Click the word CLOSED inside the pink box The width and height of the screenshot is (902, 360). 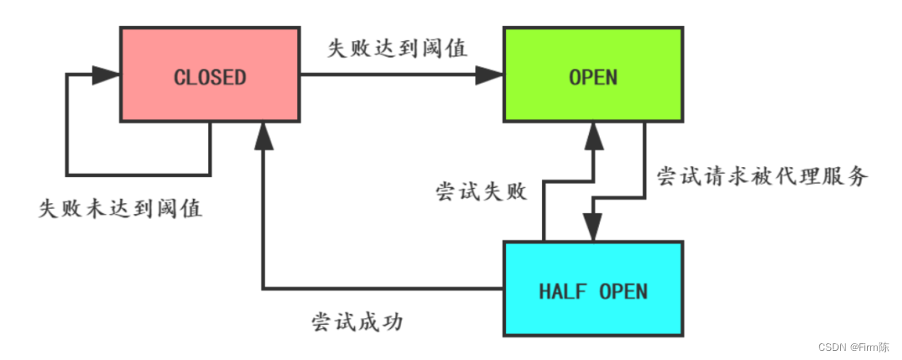210,78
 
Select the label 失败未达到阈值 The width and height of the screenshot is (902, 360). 120,208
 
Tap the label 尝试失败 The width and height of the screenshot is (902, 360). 481,191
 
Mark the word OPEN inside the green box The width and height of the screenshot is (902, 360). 593,78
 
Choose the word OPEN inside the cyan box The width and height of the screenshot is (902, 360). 623,292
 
